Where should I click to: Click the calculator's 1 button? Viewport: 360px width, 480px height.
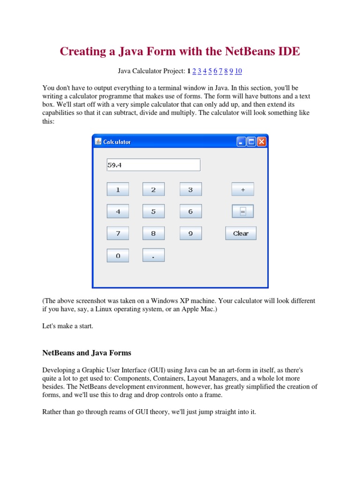(x=118, y=190)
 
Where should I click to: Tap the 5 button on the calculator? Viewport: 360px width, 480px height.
(x=153, y=211)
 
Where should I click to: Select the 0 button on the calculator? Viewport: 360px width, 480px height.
(x=118, y=255)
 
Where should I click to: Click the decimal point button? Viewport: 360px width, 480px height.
(x=153, y=255)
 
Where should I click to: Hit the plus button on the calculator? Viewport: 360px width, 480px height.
(x=242, y=189)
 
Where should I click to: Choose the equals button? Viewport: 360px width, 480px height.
(x=242, y=211)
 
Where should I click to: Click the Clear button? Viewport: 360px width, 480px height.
(x=240, y=233)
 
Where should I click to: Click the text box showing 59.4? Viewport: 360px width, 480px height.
(x=153, y=165)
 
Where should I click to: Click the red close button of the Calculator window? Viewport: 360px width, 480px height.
(x=262, y=142)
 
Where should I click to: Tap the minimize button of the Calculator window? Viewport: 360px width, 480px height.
(x=241, y=142)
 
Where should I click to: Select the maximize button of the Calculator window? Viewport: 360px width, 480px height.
(x=251, y=142)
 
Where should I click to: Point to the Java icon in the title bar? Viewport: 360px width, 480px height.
(x=98, y=142)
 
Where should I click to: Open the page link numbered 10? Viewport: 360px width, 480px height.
(x=239, y=71)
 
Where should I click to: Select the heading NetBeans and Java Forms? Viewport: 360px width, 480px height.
(x=87, y=352)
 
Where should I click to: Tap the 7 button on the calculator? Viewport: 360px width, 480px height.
(x=118, y=233)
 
